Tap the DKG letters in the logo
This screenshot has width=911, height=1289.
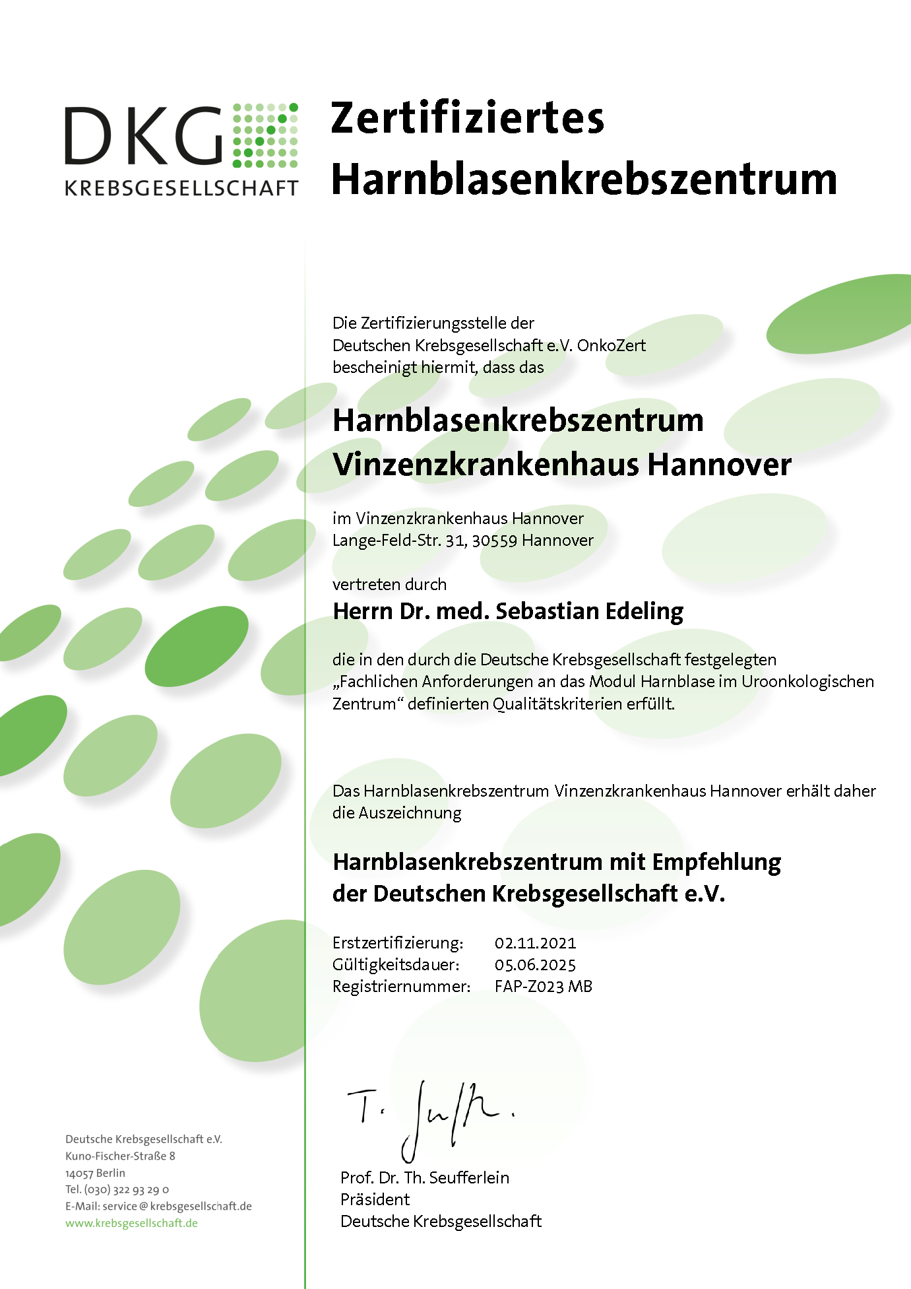click(144, 136)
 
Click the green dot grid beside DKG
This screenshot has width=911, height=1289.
click(265, 135)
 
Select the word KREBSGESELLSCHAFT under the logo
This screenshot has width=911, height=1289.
click(181, 188)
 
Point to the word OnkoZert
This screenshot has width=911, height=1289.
click(612, 345)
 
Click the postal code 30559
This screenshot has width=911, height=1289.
click(494, 541)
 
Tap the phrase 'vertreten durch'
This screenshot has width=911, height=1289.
click(389, 585)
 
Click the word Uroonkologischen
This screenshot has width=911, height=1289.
click(807, 682)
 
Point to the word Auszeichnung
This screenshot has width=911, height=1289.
click(410, 813)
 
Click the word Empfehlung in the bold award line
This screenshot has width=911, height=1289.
click(716, 862)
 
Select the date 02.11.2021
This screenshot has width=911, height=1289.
click(535, 943)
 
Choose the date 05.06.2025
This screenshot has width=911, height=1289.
click(535, 965)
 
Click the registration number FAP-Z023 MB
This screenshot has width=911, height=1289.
click(543, 987)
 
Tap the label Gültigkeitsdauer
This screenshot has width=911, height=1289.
click(396, 965)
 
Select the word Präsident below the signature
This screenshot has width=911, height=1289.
click(375, 1199)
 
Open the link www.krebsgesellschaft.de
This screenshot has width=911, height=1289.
click(131, 1223)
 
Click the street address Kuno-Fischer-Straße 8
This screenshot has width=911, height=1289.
click(120, 1156)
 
